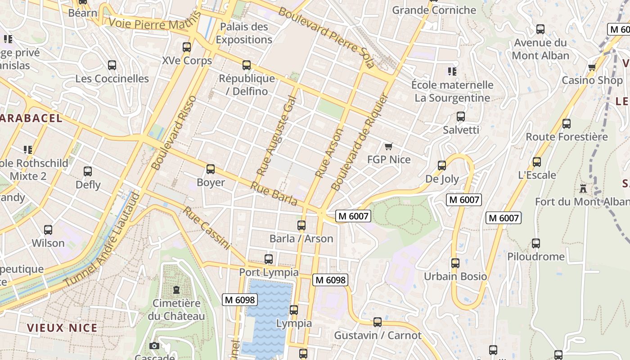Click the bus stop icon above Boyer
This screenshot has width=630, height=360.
210,169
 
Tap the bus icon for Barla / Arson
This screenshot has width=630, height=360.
301,225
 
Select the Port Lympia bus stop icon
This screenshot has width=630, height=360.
269,259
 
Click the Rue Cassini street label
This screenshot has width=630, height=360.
207,228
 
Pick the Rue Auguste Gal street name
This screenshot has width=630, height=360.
276,136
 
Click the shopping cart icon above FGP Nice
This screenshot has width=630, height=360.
389,146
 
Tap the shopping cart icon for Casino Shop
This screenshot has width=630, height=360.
592,67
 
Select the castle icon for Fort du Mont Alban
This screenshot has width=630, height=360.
584,188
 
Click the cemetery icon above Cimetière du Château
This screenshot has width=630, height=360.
176,290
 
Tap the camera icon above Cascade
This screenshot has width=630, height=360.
154,346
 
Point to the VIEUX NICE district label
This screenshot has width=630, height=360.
62,328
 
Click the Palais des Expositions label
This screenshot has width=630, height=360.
244,33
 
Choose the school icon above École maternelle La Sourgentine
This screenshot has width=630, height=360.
452,72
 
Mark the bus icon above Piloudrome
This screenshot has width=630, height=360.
535,243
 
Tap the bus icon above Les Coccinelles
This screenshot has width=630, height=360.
112,65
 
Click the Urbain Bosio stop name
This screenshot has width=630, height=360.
455,276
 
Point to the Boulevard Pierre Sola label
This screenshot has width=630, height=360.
326,37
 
